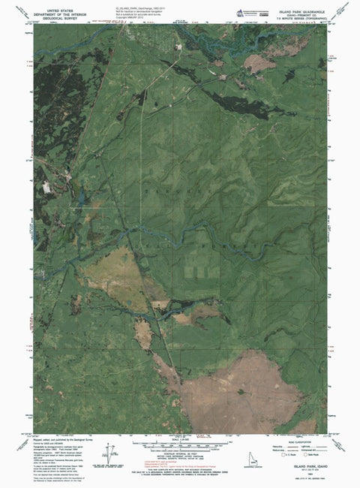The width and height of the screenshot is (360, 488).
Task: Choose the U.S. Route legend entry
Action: (286, 454)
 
